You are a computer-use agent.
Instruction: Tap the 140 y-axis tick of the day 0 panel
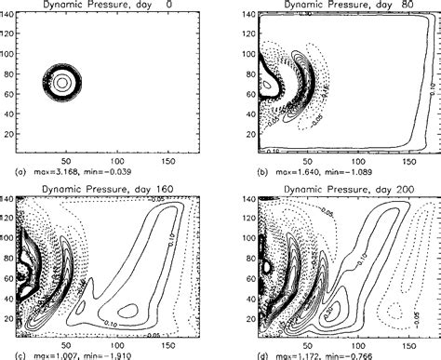pyautogui.click(x=9, y=17)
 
